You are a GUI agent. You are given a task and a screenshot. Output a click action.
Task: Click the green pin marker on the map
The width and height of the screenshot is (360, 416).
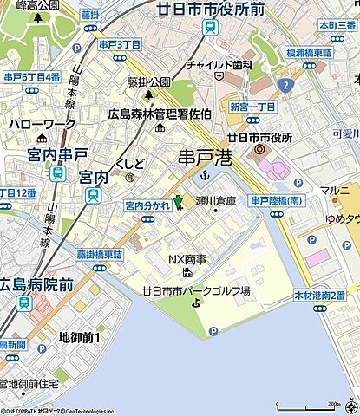[x=179, y=203]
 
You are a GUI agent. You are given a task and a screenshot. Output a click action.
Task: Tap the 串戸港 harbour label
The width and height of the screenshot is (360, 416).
[x=204, y=158]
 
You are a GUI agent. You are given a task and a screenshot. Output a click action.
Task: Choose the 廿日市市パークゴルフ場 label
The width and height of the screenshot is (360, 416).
[x=196, y=291]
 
